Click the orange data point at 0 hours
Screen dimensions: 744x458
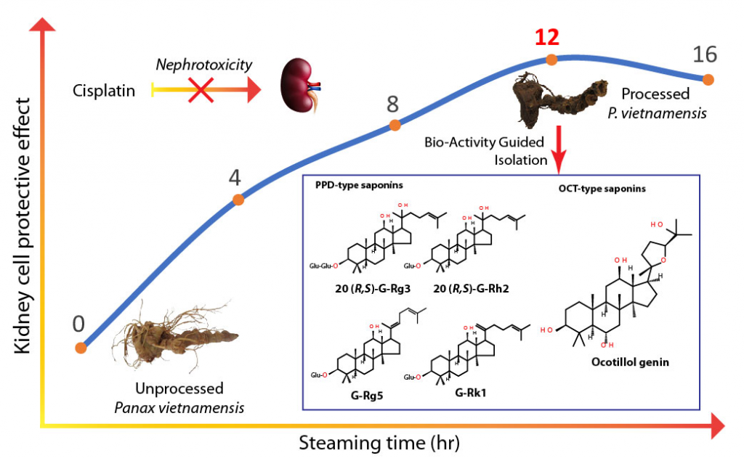point(81,348)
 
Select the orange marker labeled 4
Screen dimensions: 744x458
point(238,200)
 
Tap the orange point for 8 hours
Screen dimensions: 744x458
point(395,125)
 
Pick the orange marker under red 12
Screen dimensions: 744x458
point(551,60)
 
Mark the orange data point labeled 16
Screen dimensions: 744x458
point(708,79)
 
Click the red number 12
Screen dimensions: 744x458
point(547,38)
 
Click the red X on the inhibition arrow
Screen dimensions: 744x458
point(201,89)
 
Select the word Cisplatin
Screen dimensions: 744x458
point(104,91)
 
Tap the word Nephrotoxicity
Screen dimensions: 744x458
point(204,65)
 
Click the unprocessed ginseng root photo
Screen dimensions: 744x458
point(176,337)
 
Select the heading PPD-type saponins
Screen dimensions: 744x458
point(359,185)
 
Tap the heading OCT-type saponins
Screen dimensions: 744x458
point(602,189)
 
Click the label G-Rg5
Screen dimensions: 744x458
point(367,395)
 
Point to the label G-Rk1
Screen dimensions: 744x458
point(470,393)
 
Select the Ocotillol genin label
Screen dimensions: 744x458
point(630,362)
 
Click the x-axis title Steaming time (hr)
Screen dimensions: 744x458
point(379,443)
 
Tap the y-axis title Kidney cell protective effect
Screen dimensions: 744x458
point(23,226)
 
